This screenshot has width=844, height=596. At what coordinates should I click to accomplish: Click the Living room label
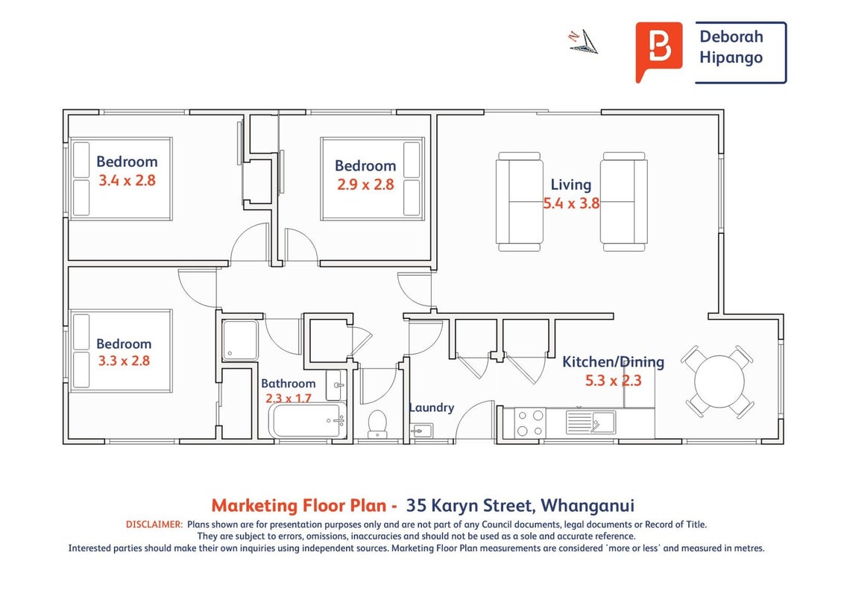tap(570, 185)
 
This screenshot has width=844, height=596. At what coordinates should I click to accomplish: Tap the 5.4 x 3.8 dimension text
tap(571, 203)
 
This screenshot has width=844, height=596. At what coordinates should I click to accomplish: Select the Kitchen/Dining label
tap(613, 362)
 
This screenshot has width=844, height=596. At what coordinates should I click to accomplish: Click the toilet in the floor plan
tap(377, 424)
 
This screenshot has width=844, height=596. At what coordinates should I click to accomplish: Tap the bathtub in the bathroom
tap(307, 420)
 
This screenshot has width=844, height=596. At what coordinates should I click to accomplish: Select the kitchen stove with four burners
tap(529, 423)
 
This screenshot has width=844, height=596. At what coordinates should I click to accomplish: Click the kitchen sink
tap(591, 422)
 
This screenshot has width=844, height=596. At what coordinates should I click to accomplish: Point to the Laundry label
tap(432, 408)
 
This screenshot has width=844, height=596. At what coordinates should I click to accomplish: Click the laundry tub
tap(421, 431)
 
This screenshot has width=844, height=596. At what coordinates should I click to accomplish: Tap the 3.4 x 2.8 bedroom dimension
tap(127, 180)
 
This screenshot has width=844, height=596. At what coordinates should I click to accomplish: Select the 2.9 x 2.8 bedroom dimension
tap(365, 185)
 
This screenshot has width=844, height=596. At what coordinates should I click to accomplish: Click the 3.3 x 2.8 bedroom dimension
tap(124, 361)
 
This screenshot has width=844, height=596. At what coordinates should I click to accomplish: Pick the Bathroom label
tap(289, 384)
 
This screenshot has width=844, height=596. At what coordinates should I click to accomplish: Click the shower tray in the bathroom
tap(240, 340)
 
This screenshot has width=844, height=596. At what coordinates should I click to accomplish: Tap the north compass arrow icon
tap(583, 42)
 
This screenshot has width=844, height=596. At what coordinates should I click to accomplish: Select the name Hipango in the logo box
tap(731, 58)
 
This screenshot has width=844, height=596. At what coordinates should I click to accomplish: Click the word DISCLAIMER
tap(154, 524)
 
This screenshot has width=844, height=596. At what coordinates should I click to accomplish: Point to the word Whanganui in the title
tap(588, 506)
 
